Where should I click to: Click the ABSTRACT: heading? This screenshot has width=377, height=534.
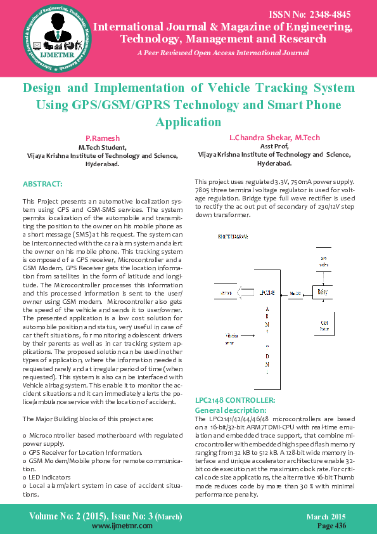coord(42,184)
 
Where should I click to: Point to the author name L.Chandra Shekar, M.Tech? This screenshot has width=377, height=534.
coord(274,138)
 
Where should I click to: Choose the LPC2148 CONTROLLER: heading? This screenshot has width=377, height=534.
coord(235,400)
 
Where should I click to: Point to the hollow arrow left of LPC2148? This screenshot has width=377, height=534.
coord(246,293)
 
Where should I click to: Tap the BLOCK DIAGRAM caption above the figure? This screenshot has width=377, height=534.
coord(233,236)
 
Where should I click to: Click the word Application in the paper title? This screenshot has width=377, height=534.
coord(188,122)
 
